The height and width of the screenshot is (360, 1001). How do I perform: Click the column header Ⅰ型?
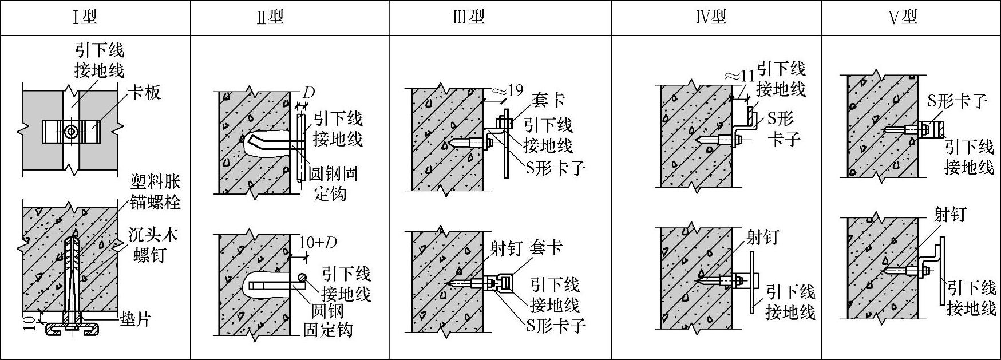point(85,17)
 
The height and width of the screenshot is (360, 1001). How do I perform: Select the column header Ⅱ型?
point(270,17)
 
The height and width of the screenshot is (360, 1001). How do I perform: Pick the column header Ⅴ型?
point(903,17)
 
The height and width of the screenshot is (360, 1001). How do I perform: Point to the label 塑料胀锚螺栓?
point(155,192)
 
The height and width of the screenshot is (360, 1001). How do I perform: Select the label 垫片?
point(135,318)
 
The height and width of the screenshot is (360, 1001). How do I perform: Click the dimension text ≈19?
point(507,90)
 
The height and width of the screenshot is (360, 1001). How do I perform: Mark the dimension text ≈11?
point(739,76)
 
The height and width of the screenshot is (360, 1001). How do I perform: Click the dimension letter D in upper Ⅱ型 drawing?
point(308,92)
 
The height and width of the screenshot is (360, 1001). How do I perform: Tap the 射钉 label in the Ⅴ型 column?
point(949,215)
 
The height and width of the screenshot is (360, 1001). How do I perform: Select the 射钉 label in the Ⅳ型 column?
point(762,236)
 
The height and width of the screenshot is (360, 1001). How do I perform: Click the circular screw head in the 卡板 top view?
point(70,131)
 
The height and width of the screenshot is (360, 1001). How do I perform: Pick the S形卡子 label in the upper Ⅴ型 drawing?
point(958,101)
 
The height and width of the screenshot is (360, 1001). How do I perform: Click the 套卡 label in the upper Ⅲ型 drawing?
point(548,100)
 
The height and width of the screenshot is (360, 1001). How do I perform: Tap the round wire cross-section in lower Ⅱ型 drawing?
point(302,278)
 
